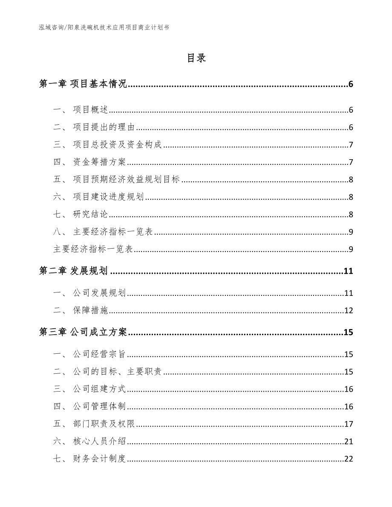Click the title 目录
pos(196,58)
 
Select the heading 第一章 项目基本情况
pos(83,84)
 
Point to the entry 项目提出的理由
pos(104,127)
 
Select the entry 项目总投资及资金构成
pos(117,145)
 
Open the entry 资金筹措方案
pos(99,162)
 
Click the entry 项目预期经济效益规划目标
pos(126,180)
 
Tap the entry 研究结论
pos(91,214)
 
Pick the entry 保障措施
pos(91,310)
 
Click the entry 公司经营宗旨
pos(99,354)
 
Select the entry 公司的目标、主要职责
pos(117,372)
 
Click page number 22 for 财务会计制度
pos(349,459)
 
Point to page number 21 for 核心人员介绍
pos(349,441)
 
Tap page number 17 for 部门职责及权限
pos(349,424)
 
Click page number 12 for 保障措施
pos(349,310)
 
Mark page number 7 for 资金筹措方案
pos(351,162)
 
